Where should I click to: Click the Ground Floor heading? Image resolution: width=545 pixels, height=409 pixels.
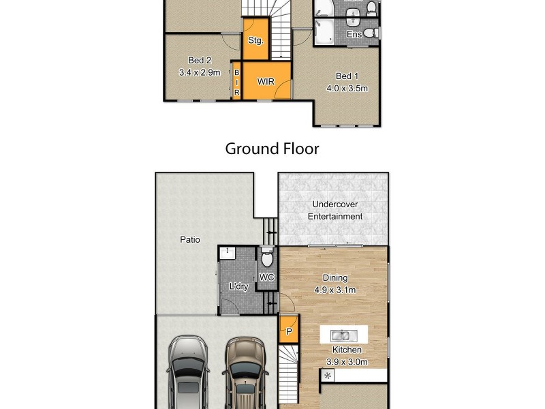pos(272,149)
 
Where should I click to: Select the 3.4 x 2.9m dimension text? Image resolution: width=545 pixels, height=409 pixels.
pos(200,72)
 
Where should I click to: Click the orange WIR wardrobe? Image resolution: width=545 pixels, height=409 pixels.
pos(266,82)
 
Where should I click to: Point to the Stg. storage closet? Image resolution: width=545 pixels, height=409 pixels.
pos(255,41)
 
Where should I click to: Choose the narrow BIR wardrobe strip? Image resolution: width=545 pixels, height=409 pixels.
pos(237,82)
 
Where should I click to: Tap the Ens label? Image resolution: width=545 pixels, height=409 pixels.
pos(354,34)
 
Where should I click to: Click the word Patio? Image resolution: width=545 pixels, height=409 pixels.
pos(189,239)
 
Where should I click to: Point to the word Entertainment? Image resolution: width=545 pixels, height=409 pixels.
pos(335,217)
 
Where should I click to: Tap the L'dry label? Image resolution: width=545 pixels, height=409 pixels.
pos(238,286)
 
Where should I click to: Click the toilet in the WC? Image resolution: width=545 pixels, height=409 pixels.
pos(267,259)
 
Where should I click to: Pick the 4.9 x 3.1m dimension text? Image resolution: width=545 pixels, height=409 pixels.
pos(335,290)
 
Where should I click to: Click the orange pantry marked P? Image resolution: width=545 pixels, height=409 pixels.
pos(289,332)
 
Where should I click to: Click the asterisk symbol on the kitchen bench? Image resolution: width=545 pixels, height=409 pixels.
pos(328,376)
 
